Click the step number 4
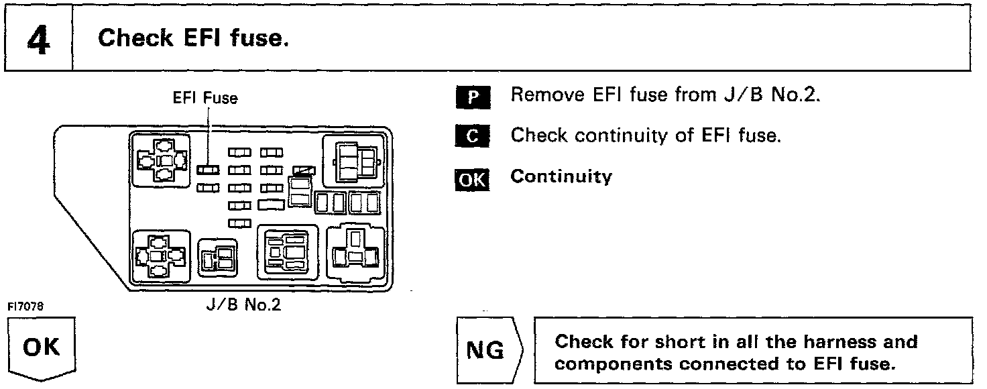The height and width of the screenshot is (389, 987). click(38, 40)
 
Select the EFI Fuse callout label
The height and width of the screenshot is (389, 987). click(205, 98)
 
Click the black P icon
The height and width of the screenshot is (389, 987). click(473, 97)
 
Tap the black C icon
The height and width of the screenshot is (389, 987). click(473, 137)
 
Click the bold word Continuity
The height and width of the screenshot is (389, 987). click(561, 177)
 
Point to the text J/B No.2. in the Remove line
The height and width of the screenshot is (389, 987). click(773, 95)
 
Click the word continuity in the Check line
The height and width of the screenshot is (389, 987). click(622, 136)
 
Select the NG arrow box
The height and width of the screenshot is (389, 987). click(487, 350)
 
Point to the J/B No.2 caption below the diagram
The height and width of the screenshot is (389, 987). click(243, 305)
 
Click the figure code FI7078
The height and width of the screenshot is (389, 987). click(25, 307)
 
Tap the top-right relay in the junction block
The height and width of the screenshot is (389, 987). click(353, 162)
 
